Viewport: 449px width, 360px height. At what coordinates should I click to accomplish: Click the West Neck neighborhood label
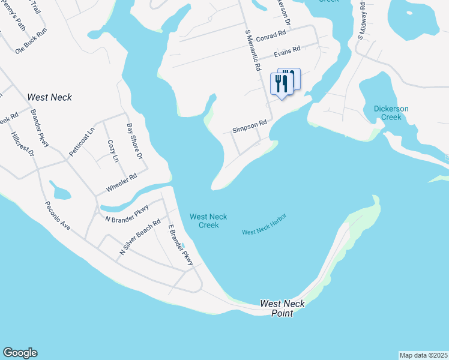[50, 97]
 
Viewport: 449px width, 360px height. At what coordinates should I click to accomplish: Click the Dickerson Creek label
[391, 113]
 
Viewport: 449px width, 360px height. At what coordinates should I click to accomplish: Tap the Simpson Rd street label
[249, 127]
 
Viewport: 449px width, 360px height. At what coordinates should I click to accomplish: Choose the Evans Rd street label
[286, 54]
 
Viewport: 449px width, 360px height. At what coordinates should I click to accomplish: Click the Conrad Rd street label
[271, 37]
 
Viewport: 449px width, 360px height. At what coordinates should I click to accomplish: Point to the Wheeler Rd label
[122, 182]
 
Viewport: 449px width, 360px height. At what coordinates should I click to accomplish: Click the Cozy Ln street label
[112, 151]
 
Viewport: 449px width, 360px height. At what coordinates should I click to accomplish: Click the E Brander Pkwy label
[180, 245]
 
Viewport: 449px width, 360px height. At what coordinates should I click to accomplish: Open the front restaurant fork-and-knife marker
[281, 84]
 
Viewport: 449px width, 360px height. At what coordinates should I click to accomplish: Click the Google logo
[20, 353]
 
